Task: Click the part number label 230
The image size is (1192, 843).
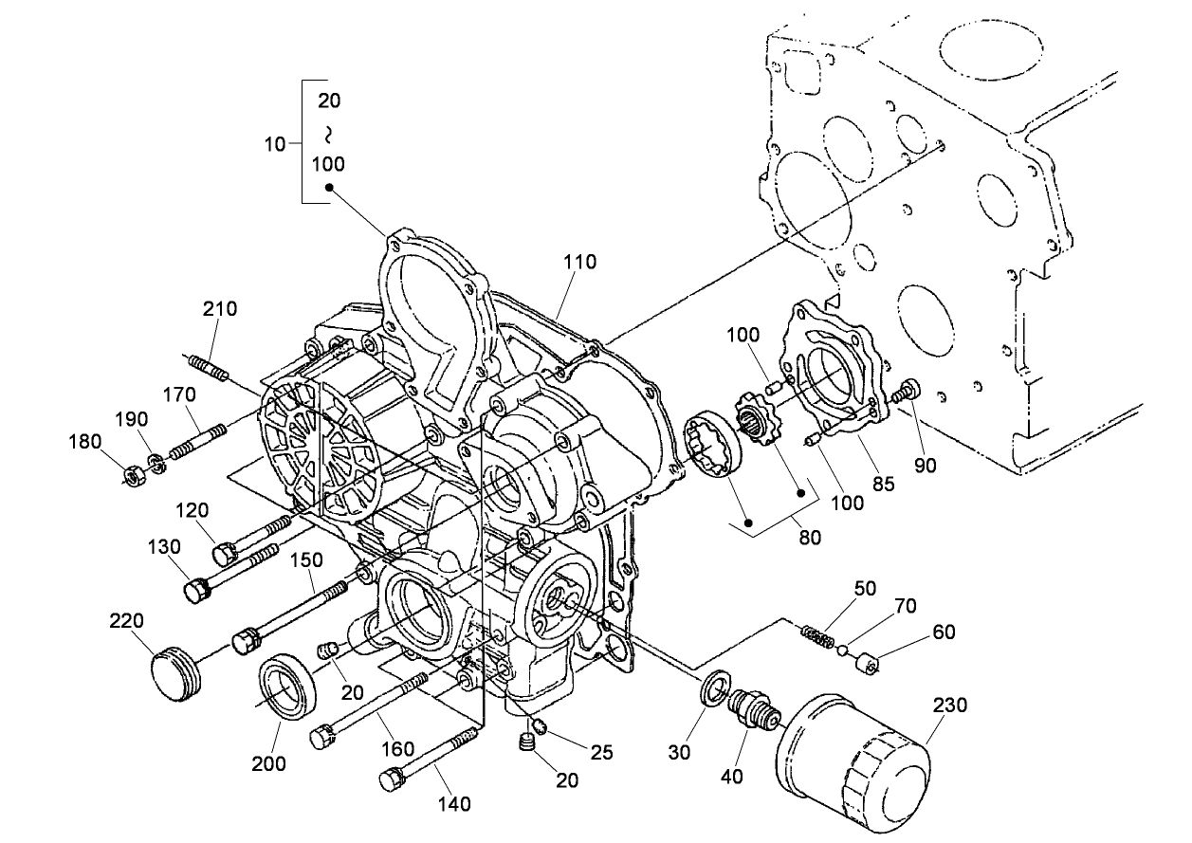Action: (x=949, y=706)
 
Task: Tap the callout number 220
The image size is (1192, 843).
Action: (x=126, y=621)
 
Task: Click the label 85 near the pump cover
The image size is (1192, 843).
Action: (x=883, y=483)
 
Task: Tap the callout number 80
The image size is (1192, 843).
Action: (x=809, y=537)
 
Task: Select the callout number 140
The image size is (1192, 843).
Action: (x=454, y=804)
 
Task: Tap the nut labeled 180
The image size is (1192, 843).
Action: (x=135, y=470)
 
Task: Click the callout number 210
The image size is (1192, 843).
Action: (x=219, y=308)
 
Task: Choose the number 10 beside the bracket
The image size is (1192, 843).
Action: (x=274, y=144)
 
